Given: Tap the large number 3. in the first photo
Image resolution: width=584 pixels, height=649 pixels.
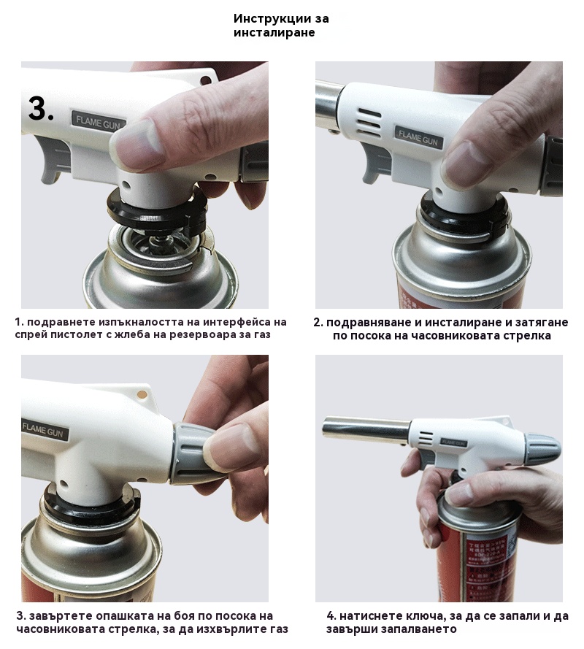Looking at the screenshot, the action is (x=41, y=109).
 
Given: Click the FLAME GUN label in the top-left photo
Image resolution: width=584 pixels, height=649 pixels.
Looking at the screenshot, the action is (x=98, y=123).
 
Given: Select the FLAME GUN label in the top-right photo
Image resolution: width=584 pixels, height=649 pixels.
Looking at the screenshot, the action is (x=418, y=137).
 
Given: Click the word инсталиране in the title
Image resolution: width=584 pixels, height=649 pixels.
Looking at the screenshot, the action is (x=274, y=33).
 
